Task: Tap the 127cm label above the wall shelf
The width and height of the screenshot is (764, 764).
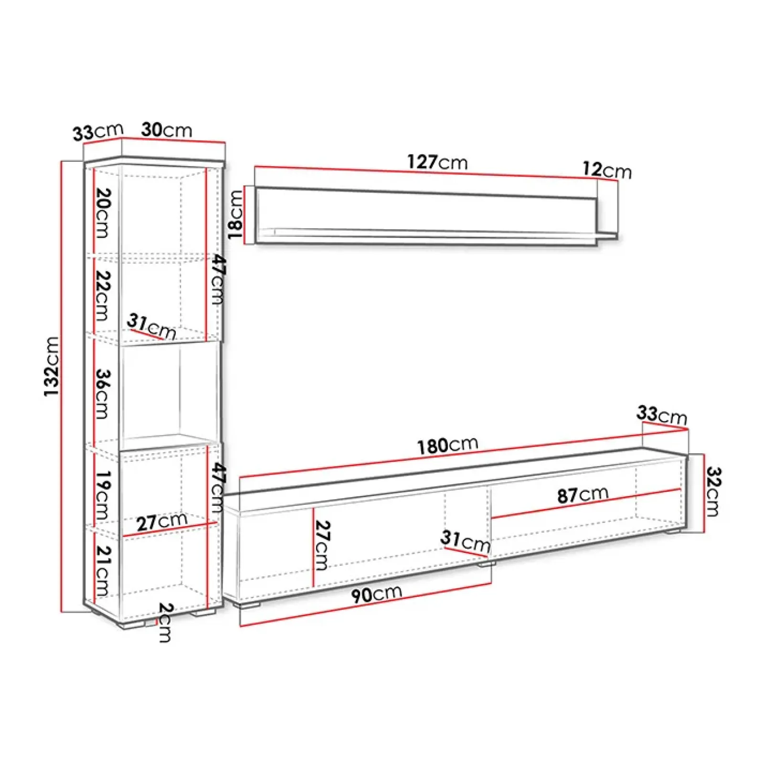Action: pyautogui.click(x=437, y=162)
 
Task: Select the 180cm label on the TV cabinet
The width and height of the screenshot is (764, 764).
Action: pyautogui.click(x=447, y=445)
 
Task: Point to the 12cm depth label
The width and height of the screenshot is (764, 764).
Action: pyautogui.click(x=606, y=170)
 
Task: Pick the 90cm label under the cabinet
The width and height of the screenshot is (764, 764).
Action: pyautogui.click(x=376, y=594)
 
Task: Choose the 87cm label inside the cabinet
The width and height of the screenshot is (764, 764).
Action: pyautogui.click(x=583, y=495)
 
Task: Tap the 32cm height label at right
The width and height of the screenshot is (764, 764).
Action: pyautogui.click(x=713, y=492)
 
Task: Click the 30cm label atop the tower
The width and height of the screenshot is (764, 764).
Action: pyautogui.click(x=167, y=130)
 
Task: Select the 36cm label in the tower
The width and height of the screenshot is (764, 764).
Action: pyautogui.click(x=103, y=393)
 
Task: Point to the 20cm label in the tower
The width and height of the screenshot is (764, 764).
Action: pyautogui.click(x=103, y=213)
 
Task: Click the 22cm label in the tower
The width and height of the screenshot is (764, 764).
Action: pyautogui.click(x=103, y=295)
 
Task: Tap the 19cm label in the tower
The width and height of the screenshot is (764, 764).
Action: pyautogui.click(x=103, y=495)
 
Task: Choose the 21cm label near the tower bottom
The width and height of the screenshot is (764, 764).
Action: pyautogui.click(x=103, y=570)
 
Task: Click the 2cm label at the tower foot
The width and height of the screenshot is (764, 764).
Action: pyautogui.click(x=165, y=622)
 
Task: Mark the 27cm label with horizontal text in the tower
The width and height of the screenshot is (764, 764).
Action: pyautogui.click(x=161, y=522)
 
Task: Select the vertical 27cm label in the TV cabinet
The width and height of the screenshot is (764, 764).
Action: pyautogui.click(x=322, y=545)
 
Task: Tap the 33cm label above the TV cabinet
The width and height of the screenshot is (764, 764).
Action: pyautogui.click(x=661, y=414)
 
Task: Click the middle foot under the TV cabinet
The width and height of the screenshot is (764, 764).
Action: pyautogui.click(x=486, y=564)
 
